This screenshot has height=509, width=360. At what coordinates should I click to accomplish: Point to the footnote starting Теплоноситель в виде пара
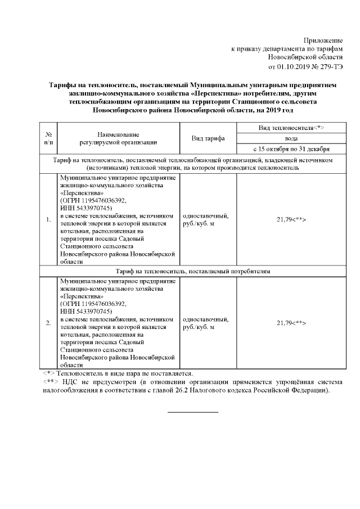(x=124, y=373)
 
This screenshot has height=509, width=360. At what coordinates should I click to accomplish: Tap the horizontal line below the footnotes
(x=193, y=412)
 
